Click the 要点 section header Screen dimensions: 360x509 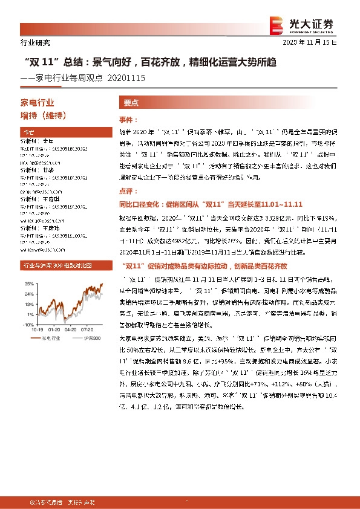click(x=131, y=103)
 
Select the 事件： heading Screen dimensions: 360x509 click(x=128, y=120)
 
